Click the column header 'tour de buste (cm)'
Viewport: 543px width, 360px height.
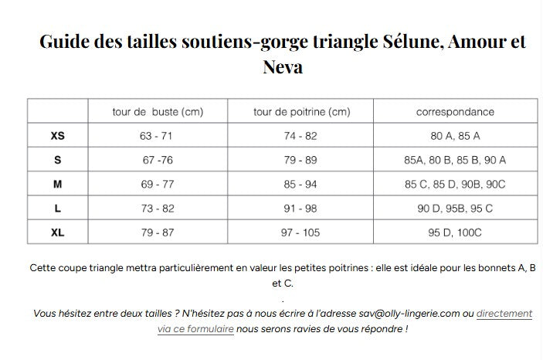[158, 112]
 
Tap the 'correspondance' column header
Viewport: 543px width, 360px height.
[455, 112]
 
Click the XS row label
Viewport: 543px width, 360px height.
[58, 136]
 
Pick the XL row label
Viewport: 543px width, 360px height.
[58, 233]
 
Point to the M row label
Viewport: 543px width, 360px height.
[58, 185]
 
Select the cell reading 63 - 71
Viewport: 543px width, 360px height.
[157, 136]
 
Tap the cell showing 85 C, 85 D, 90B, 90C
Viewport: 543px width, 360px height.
[455, 185]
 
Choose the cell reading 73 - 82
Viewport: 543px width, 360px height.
[157, 209]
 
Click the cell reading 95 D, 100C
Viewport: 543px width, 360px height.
[455, 233]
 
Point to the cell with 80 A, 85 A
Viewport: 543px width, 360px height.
[455, 136]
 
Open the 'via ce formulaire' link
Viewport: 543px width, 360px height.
[195, 328]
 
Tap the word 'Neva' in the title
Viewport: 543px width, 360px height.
[283, 67]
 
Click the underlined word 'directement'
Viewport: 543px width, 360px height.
[504, 314]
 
